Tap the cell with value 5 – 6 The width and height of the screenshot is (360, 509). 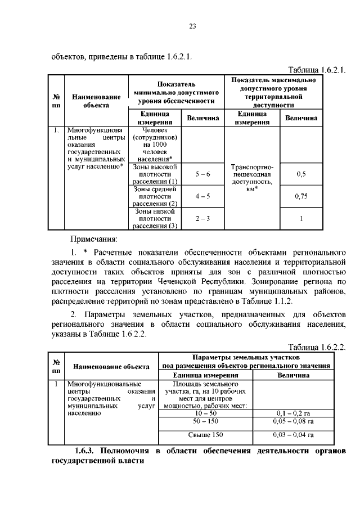pos(202,174)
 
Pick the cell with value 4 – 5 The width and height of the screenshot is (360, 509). pos(202,196)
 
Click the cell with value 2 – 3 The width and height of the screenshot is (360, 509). pos(202,218)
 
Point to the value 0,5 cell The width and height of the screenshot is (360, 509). pos(301,174)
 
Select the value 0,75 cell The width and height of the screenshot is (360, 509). pos(301,196)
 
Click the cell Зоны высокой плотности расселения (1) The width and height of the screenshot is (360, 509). pos(155,174)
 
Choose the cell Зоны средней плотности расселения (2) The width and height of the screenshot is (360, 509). pos(155,196)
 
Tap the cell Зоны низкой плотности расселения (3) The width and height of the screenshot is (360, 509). pos(155,219)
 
